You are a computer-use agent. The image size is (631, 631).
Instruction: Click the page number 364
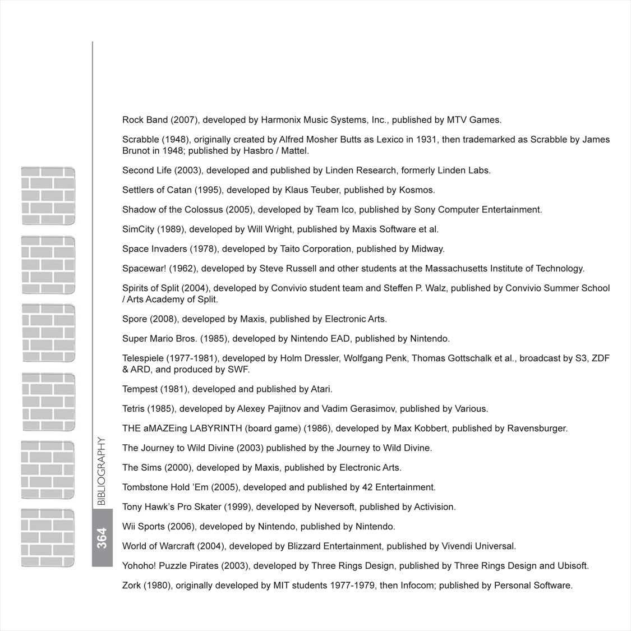click(x=102, y=538)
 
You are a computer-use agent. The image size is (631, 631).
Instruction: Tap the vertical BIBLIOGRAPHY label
click(x=102, y=472)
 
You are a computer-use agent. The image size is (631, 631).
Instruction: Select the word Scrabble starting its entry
click(x=141, y=140)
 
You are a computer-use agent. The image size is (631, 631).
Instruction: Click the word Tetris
click(x=134, y=409)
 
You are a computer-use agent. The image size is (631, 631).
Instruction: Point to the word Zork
click(x=132, y=586)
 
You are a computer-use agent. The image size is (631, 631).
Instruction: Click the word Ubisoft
click(x=573, y=566)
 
